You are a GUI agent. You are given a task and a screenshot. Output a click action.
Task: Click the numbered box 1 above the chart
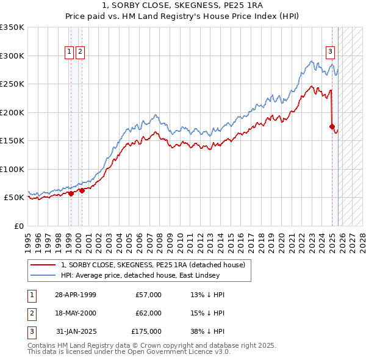[x=70, y=52]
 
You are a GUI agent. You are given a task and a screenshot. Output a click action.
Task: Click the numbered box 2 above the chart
[x=81, y=52]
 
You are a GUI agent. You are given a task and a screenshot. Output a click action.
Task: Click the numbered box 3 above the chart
[x=330, y=52]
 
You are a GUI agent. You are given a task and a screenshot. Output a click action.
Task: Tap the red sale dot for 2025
[x=332, y=127]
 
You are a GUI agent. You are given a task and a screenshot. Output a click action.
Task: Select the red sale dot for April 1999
[x=71, y=193]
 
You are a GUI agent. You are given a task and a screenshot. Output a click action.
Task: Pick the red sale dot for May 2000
[x=82, y=190]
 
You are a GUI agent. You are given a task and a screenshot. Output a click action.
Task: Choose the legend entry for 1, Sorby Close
[x=152, y=265]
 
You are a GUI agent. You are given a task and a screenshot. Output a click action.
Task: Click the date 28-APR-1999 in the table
[x=75, y=295]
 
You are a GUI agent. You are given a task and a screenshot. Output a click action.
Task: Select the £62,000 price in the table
[x=148, y=313]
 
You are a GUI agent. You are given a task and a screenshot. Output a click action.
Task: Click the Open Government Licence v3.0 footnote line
[x=129, y=351]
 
